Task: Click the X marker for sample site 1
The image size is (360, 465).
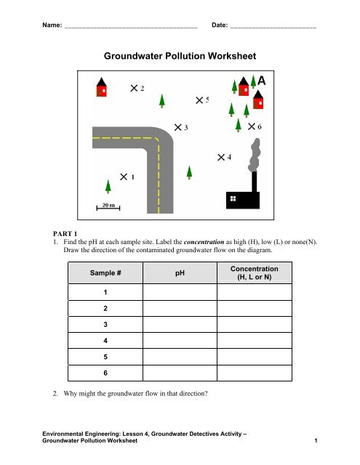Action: click(124, 177)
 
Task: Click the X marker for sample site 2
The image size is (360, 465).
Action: click(134, 88)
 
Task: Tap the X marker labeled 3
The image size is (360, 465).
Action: click(177, 127)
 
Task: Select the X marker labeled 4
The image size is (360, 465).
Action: click(221, 156)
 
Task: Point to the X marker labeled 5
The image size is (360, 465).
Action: click(199, 100)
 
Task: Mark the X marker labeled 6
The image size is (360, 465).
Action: click(252, 126)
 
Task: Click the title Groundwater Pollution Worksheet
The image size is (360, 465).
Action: click(180, 55)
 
